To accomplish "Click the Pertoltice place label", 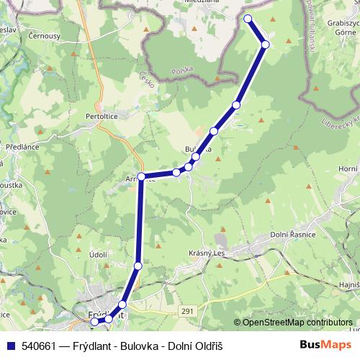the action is coord(107,115).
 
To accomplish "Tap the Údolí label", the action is coord(98,256).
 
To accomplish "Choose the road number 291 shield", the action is coord(188,310).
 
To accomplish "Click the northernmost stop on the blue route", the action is coord(248,19).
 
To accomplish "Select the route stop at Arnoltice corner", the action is coord(142,176).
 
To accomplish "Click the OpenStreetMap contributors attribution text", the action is coord(297,323).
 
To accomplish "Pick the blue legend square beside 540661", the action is coord(12,346).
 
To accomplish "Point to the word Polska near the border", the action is coord(183,72).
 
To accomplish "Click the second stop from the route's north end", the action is coord(265,45).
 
